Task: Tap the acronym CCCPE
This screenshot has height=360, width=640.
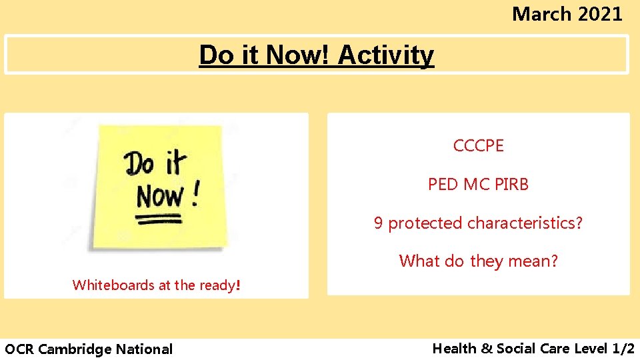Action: [x=478, y=145]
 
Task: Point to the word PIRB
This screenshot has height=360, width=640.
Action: [x=511, y=184]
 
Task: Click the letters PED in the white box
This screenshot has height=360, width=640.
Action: [x=443, y=184]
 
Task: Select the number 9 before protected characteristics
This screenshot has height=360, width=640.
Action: [x=378, y=223]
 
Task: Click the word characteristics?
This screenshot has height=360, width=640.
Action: [x=531, y=223]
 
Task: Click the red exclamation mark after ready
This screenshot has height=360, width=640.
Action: [x=237, y=285]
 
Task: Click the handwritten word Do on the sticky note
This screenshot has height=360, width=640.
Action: [x=141, y=164]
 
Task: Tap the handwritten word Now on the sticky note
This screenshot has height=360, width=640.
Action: [x=160, y=197]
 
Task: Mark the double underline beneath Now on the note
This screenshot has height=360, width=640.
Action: [x=161, y=218]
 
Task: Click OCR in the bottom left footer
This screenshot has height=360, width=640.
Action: [x=19, y=349]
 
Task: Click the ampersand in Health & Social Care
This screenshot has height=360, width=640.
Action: [x=486, y=348]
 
